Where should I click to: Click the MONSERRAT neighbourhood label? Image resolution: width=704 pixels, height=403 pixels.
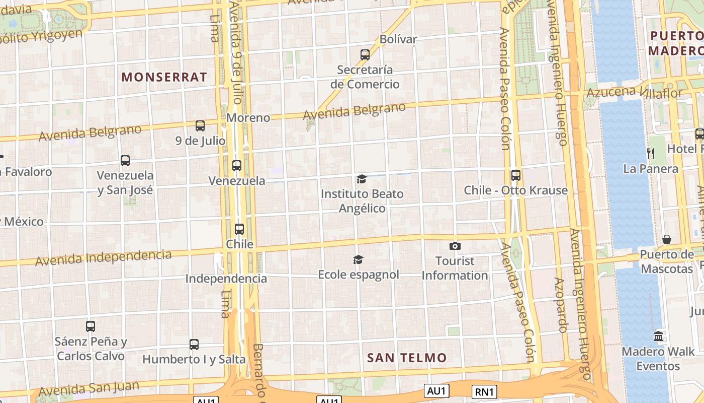164,77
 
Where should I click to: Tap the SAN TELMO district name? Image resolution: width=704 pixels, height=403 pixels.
407,358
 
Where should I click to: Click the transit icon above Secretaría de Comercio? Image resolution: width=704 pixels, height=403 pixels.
365,54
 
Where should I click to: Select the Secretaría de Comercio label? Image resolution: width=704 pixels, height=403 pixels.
365,77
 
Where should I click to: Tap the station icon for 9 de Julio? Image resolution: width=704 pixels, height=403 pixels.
200,125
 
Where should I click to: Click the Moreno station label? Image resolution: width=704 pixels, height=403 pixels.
248,118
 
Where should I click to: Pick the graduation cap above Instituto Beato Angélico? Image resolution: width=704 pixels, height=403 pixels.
362,179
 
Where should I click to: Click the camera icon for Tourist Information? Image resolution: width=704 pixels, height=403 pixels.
455,246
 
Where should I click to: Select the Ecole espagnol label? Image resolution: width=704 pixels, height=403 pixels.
359,275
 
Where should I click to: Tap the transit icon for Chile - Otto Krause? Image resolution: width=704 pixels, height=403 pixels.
516,175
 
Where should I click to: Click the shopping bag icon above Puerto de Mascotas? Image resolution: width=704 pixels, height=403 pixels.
667,239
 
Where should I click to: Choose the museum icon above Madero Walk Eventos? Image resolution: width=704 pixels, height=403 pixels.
658,336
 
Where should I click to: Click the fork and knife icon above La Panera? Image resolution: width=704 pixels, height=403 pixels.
651,153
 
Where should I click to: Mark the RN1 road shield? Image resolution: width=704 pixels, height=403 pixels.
485,391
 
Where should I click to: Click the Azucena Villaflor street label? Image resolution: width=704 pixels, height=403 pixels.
635,92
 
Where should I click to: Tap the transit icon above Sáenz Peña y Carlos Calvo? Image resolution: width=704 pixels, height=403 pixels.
91,326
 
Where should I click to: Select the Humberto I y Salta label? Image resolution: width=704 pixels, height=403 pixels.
194,360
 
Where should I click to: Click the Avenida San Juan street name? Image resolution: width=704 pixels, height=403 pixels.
89,388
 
